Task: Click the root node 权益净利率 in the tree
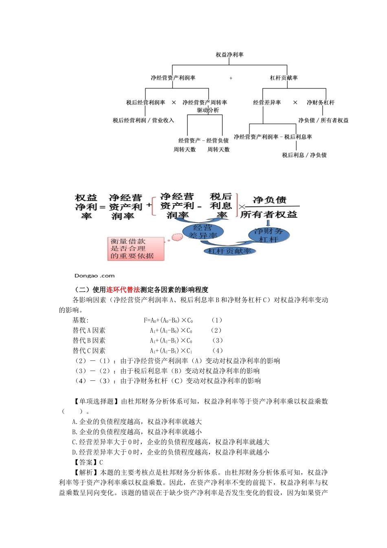click(229, 55)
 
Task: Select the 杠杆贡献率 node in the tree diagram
click(284, 77)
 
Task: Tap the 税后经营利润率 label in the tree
click(145, 102)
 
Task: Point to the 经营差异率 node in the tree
click(267, 102)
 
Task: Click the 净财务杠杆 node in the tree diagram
click(320, 102)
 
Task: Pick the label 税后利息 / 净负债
click(304, 155)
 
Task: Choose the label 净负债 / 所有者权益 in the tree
click(323, 120)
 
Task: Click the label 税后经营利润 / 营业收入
click(143, 120)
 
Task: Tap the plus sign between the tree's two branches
click(231, 78)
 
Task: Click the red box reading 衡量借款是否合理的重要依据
click(135, 249)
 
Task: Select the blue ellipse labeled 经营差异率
click(203, 232)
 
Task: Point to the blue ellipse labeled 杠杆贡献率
click(229, 251)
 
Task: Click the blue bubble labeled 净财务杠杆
click(268, 235)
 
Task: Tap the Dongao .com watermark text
click(95, 276)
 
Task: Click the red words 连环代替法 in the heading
click(123, 289)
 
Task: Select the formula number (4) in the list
click(218, 351)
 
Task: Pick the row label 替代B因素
click(89, 340)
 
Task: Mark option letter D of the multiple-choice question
click(75, 452)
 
